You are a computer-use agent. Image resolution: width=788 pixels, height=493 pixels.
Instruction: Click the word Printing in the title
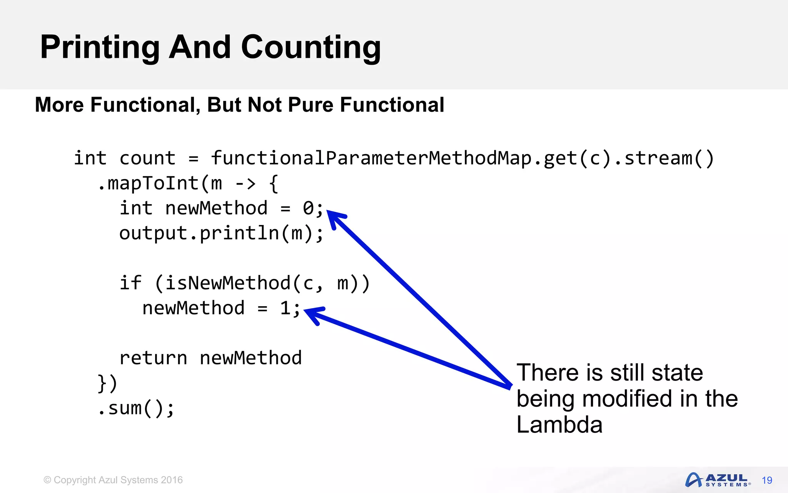click(x=100, y=48)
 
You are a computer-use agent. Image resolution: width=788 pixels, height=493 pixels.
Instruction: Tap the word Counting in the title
click(x=311, y=48)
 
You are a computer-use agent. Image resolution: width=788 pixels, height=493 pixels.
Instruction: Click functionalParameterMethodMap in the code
click(x=372, y=158)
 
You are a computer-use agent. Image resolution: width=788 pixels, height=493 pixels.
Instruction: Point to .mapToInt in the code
click(x=148, y=183)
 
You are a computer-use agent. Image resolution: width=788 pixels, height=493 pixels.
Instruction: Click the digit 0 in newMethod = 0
click(x=309, y=208)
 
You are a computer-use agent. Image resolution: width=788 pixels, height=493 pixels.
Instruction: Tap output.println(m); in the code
click(x=222, y=233)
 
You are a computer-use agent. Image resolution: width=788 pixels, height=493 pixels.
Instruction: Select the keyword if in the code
click(x=130, y=283)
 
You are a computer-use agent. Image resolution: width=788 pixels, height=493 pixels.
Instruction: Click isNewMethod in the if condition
click(x=227, y=283)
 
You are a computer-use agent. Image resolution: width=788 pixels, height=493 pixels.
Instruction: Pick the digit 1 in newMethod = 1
click(x=285, y=308)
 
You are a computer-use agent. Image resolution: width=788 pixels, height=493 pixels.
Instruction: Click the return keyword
click(x=153, y=358)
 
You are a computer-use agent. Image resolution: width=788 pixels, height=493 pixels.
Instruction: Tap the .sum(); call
click(x=136, y=408)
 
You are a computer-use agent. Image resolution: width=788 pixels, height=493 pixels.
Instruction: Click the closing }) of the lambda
click(x=107, y=383)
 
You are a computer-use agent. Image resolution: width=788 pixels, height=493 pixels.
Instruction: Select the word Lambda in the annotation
click(x=559, y=425)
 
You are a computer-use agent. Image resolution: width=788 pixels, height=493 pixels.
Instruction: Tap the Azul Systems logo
click(x=717, y=480)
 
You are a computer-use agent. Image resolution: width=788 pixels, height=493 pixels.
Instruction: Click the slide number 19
click(x=767, y=480)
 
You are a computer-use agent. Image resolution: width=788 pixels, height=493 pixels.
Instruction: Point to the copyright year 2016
click(x=172, y=480)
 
